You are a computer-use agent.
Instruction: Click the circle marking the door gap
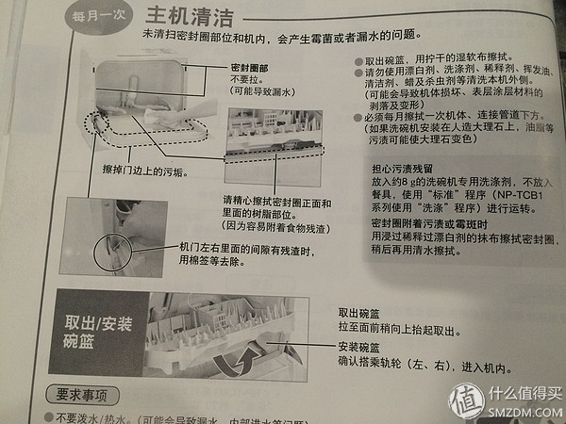pyautogui.click(x=114, y=249)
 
